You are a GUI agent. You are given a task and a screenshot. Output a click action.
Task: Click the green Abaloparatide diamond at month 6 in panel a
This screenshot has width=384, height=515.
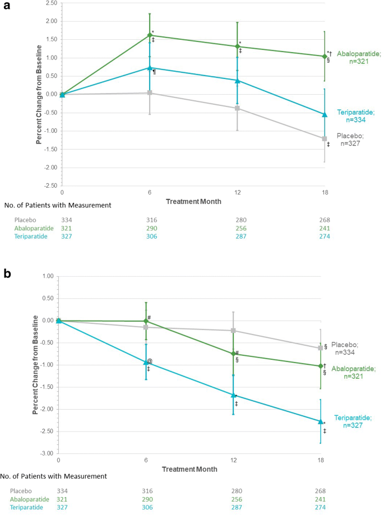pyautogui.click(x=150, y=35)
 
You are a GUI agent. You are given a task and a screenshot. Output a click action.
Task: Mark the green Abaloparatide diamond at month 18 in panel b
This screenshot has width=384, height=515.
pyautogui.click(x=320, y=366)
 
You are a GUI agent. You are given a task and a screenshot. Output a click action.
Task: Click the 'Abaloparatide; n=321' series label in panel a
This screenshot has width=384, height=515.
pyautogui.click(x=359, y=58)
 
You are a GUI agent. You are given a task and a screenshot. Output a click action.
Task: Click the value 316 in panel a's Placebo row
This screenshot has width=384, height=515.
pyautogui.click(x=150, y=220)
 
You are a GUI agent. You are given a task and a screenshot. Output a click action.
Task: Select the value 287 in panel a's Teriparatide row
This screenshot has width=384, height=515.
pyautogui.click(x=237, y=236)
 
